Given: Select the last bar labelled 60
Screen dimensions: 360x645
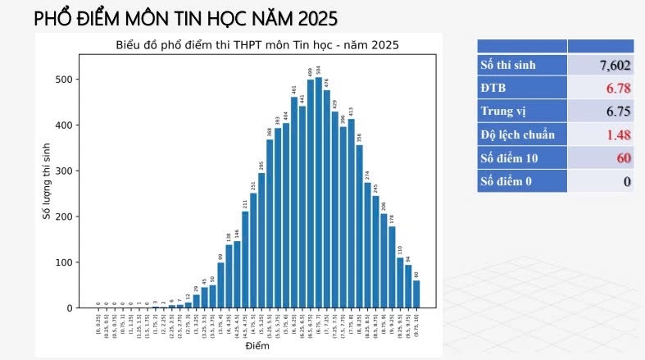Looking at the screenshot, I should tap(416, 294).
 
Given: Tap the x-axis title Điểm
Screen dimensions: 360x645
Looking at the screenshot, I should tap(257, 346).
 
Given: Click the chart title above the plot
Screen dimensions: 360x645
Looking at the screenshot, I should tap(257, 45).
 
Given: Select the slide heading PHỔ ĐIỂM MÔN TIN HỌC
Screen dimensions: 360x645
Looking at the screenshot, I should tap(185, 18).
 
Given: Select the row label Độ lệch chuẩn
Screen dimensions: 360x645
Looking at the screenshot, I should tap(517, 134).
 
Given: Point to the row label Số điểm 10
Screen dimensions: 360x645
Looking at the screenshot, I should tap(509, 157).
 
